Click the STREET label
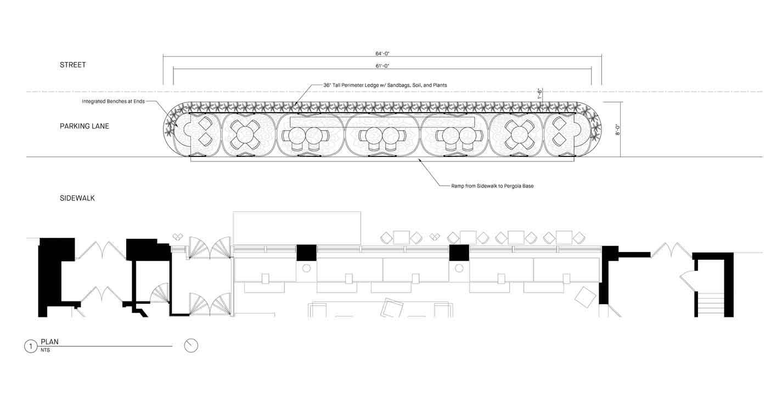pos(72,65)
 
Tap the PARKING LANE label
pos(85,126)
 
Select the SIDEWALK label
pos(77,198)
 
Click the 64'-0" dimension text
pos(382,53)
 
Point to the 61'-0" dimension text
pos(382,66)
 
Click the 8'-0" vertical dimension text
pos(618,130)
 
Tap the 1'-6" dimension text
pos(540,93)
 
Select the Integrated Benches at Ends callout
pos(114,101)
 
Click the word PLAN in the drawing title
pos(49,342)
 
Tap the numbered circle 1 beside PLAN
pos(31,347)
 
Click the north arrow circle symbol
pos(191,345)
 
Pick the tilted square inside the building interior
pos(585,297)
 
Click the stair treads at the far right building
pos(711,304)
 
